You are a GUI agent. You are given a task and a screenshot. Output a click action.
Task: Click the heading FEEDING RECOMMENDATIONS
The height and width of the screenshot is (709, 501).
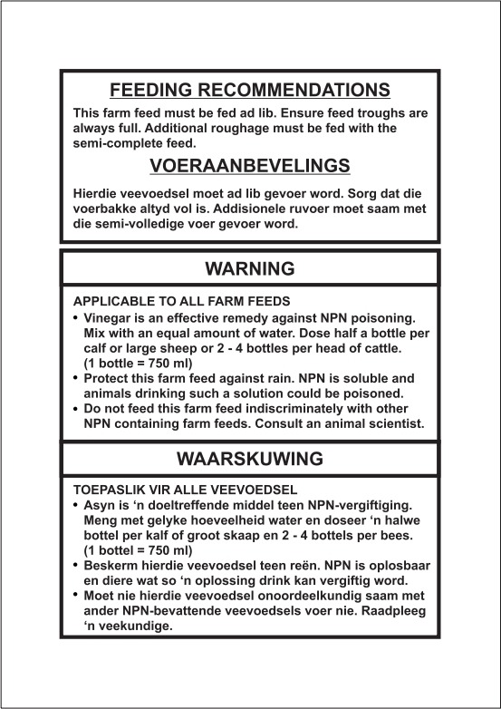pyautogui.click(x=250, y=90)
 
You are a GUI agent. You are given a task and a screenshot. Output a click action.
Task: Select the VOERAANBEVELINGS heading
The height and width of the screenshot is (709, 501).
pyautogui.click(x=250, y=166)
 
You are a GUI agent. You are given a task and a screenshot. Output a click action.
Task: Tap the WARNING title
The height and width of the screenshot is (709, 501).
pyautogui.click(x=250, y=268)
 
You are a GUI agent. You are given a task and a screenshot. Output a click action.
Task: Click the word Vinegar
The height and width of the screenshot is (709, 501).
pyautogui.click(x=107, y=317)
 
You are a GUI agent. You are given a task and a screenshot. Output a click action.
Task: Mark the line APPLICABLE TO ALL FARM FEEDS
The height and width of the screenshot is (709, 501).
pyautogui.click(x=181, y=301)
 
